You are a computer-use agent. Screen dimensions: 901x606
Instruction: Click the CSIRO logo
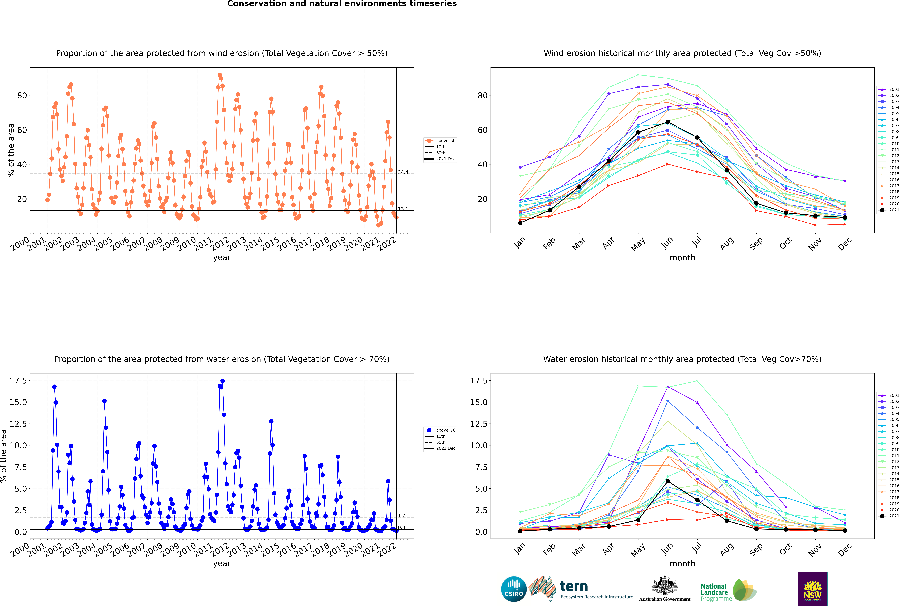[514, 589]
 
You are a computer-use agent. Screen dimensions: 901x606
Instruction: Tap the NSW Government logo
[813, 589]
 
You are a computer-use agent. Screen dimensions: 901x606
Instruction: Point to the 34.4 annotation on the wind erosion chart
[403, 172]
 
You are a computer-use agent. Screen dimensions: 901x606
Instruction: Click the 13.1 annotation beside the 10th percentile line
[403, 209]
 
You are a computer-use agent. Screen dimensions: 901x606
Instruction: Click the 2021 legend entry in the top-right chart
[888, 210]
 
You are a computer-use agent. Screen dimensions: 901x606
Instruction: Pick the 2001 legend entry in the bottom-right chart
[888, 395]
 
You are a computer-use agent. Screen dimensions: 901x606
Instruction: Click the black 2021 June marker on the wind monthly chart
[668, 122]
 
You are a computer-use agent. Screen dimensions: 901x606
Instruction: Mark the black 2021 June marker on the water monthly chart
[668, 481]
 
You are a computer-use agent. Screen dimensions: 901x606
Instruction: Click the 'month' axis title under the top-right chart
[682, 258]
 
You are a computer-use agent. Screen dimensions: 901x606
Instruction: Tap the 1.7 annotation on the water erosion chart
[402, 516]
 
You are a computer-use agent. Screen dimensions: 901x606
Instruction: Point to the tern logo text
[574, 587]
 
